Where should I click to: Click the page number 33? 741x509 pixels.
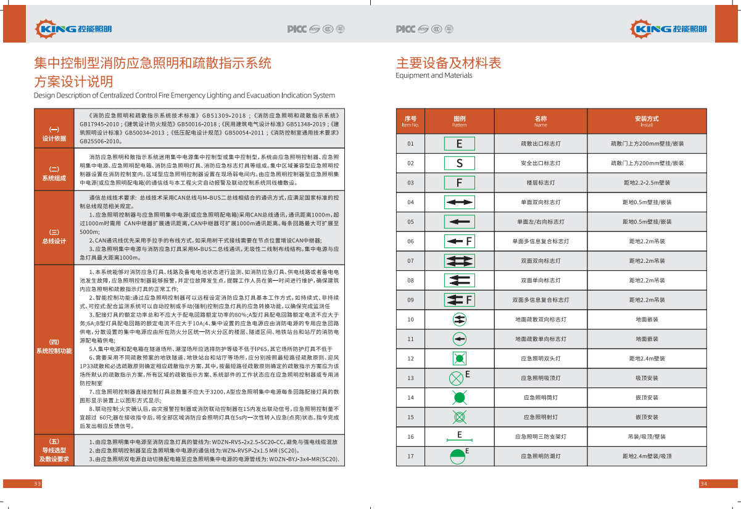pos(38,483)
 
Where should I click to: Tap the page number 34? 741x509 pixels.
pos(703,483)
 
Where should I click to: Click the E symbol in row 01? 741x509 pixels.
pos(460,144)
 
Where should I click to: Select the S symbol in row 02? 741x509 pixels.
pos(460,163)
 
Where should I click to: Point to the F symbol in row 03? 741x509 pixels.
pos(460,183)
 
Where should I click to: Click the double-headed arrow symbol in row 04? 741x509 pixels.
pos(460,202)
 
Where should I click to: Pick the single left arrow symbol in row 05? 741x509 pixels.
pos(460,221)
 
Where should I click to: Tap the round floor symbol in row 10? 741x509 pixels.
pos(459,320)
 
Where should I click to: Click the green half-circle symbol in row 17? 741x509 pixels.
pos(458,457)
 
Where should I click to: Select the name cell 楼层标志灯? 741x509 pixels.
pos(540,183)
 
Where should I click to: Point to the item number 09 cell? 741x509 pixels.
pos(410,300)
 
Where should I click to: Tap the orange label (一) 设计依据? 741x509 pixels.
pos(54,134)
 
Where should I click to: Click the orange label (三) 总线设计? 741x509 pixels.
pos(54,236)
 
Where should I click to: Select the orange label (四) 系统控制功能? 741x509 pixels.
pos(54,346)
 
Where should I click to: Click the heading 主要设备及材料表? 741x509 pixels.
pos(449,63)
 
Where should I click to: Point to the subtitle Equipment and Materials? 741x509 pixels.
pos(434,76)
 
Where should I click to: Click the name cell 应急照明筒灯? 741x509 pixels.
pos(540,397)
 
